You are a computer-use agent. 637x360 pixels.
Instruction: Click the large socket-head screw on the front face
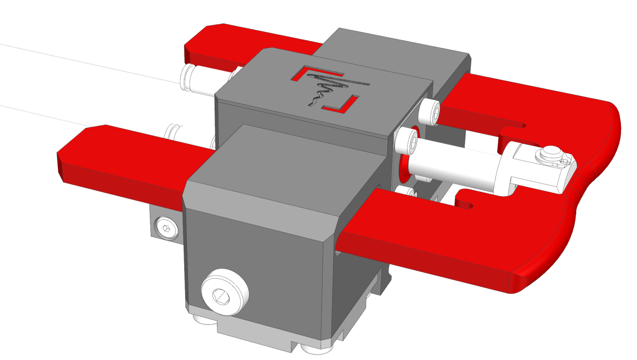[224, 293]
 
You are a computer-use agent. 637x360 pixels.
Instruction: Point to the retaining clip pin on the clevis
[550, 152]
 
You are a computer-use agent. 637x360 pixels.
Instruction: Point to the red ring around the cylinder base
[404, 168]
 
